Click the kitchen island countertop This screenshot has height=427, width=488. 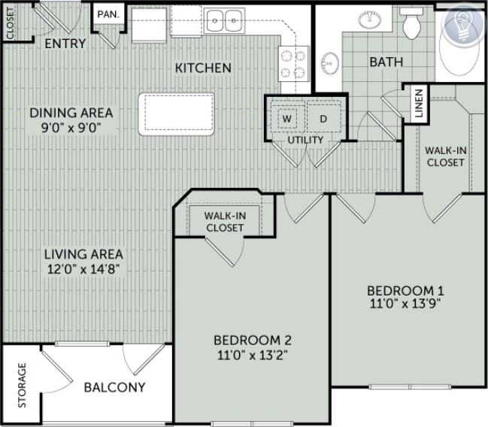177,114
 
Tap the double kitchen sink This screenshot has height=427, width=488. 224,20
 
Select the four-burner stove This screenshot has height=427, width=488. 293,64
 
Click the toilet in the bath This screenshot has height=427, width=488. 411,23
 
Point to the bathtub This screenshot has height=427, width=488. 460,47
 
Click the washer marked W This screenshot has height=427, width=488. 287,119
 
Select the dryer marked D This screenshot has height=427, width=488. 323,119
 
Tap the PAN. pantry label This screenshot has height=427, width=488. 108,14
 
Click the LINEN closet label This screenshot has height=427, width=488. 419,104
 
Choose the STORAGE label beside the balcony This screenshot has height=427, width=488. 22,386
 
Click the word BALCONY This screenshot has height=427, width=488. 115,387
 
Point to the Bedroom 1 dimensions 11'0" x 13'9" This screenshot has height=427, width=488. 405,303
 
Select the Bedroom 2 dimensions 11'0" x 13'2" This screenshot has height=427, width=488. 252,355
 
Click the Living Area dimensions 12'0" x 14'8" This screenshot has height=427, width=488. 83,269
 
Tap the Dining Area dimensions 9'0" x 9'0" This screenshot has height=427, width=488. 71,127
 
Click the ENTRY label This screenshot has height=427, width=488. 65,44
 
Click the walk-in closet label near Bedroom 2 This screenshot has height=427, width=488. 225,222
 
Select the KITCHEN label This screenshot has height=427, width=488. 203,68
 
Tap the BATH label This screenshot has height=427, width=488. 386,62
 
